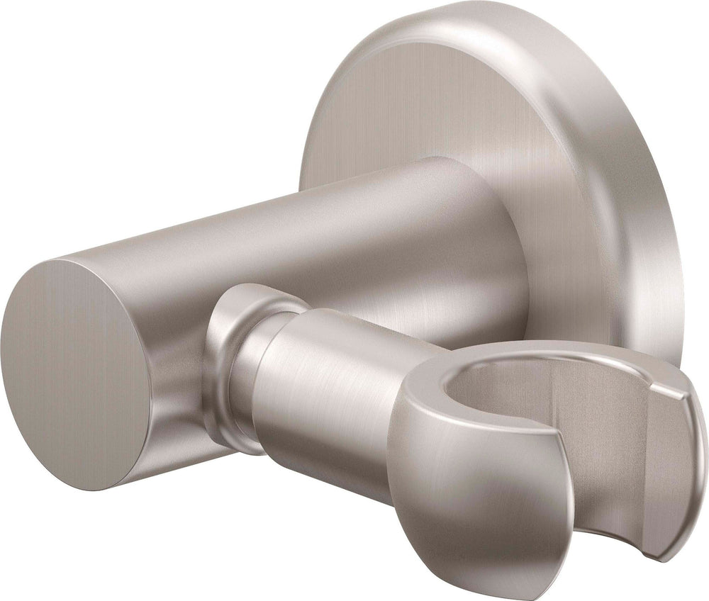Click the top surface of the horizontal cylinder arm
point(284,213)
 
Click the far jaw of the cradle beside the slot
point(674,454)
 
